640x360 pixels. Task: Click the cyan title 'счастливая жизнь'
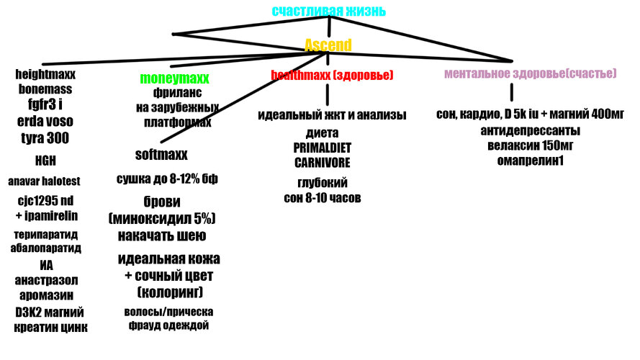tap(328, 11)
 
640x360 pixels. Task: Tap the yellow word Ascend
tap(328, 45)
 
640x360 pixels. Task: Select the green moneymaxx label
tap(174, 78)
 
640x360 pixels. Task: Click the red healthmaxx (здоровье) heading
tap(333, 75)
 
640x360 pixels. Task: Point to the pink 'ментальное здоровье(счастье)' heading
tap(530, 73)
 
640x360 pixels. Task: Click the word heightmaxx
tap(45, 74)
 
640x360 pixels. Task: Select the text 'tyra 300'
tap(45, 138)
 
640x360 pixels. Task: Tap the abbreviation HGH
tap(45, 161)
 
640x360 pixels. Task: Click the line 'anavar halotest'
tap(44, 181)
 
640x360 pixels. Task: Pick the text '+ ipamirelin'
tap(47, 215)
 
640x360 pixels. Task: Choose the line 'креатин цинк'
tap(50, 328)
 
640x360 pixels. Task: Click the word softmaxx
tap(161, 154)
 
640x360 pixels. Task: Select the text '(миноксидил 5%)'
tap(162, 218)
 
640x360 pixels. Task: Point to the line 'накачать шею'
tap(162, 235)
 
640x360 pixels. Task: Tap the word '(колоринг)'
tap(170, 292)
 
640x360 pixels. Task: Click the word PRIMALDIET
tap(322, 148)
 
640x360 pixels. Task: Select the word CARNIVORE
tap(323, 163)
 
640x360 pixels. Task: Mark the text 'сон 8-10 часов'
tap(323, 198)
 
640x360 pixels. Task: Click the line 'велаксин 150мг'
tap(530, 145)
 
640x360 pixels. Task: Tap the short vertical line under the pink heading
tap(511, 92)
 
